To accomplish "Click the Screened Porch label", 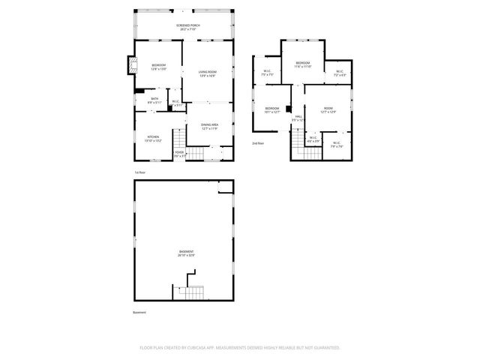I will pyautogui.click(x=188, y=27).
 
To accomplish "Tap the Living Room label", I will pyautogui.click(x=207, y=73).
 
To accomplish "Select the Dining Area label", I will pyautogui.click(x=208, y=127).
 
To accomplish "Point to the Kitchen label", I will pyautogui.click(x=152, y=138).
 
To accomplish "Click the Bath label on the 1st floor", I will pyautogui.click(x=154, y=100).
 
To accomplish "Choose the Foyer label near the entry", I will pyautogui.click(x=179, y=154).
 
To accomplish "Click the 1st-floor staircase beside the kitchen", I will pyautogui.click(x=178, y=138).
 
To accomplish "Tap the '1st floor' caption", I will pyautogui.click(x=139, y=172).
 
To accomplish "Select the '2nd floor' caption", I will pyautogui.click(x=258, y=142).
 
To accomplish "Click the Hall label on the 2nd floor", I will pyautogui.click(x=298, y=118).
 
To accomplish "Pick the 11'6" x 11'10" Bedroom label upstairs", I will pyautogui.click(x=303, y=64).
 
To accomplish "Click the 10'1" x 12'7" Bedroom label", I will pyautogui.click(x=271, y=110).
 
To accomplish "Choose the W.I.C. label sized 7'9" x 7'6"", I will pyautogui.click(x=336, y=145).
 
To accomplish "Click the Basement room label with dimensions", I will pyautogui.click(x=186, y=253).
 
